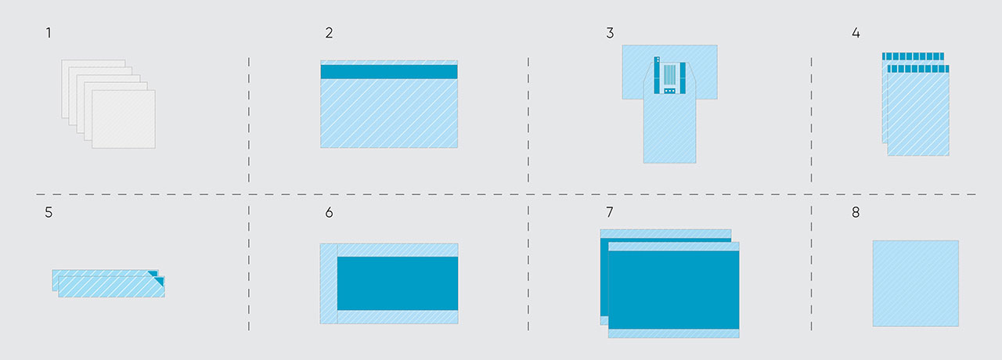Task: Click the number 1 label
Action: point(49,33)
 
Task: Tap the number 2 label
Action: point(329,33)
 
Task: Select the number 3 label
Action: point(610,33)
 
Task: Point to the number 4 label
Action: point(856,33)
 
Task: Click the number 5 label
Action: point(49,212)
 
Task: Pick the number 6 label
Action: point(329,212)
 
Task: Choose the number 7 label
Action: point(610,212)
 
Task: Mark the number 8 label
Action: point(856,212)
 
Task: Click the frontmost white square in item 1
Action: point(124,119)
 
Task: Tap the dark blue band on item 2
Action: point(389,72)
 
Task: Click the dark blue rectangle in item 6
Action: point(397,283)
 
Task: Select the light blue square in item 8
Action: point(915,283)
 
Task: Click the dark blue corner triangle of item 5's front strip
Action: point(160,280)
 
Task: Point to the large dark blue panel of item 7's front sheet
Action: point(674,290)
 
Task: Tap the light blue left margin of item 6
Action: point(328,283)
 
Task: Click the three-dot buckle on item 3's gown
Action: point(669,91)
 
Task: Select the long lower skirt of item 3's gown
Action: point(669,131)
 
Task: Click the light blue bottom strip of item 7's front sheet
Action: point(674,333)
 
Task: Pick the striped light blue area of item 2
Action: point(389,113)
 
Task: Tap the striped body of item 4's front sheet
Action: point(918,114)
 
